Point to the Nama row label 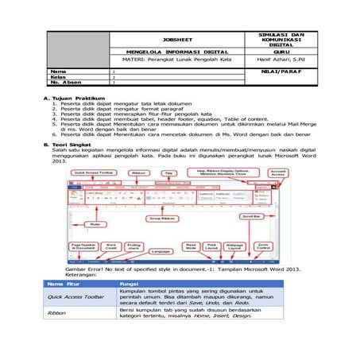pos(59,71)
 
